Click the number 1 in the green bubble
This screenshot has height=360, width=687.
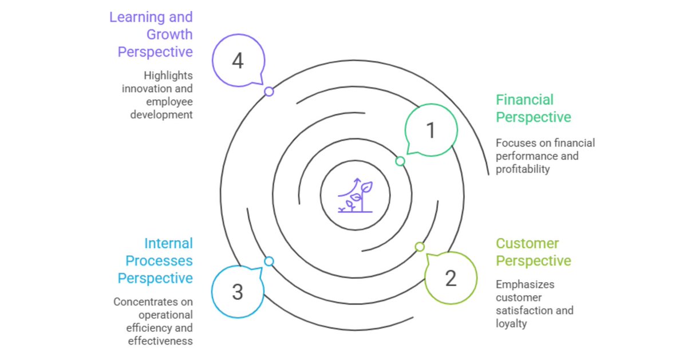pyautogui.click(x=431, y=130)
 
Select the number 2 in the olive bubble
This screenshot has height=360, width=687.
pyautogui.click(x=451, y=278)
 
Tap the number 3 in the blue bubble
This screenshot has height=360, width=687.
pyautogui.click(x=238, y=292)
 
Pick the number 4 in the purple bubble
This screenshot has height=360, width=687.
pyautogui.click(x=238, y=61)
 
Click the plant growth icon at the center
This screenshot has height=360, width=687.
pyautogui.click(x=355, y=196)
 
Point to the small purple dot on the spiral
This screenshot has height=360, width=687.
pyautogui.click(x=269, y=92)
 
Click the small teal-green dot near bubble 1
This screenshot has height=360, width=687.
pyautogui.click(x=400, y=161)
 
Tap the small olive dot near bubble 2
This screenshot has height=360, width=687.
pyautogui.click(x=420, y=247)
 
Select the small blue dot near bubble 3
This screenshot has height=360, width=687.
pyautogui.click(x=269, y=261)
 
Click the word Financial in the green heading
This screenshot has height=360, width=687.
pyautogui.click(x=524, y=100)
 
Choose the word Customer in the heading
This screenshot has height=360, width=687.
pyautogui.click(x=527, y=243)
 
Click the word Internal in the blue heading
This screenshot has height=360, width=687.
pyautogui.click(x=168, y=243)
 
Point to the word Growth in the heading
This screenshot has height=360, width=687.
pyautogui.click(x=169, y=34)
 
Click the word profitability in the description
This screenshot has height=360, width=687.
pyautogui.click(x=523, y=169)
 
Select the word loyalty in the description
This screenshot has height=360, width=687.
pyautogui.click(x=511, y=323)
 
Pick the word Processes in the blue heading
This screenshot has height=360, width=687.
pyautogui.click(x=159, y=261)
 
